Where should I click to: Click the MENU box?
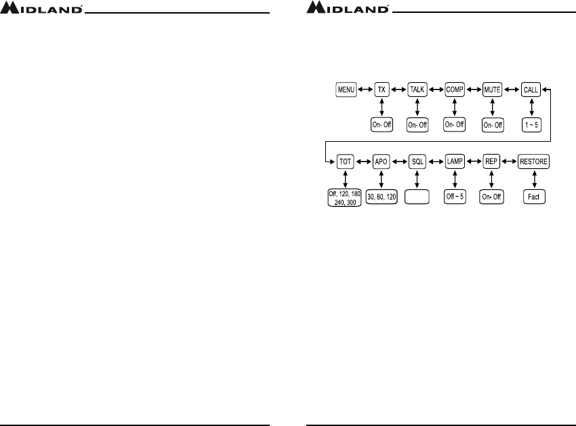pos(347,90)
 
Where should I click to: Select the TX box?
pos(382,90)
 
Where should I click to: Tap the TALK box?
pos(417,90)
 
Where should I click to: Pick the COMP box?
pos(454,90)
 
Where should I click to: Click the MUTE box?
pos(492,90)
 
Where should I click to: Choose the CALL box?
pos(531,90)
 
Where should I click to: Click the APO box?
pos(382,162)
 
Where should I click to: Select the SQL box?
pos(417,162)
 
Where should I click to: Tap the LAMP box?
pos(454,162)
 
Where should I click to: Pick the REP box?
pos(492,162)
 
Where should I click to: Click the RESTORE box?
pos(534,162)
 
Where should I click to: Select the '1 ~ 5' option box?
pos(531,124)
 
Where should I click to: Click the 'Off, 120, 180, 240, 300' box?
pos(344,197)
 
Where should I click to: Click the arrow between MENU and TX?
pos(365,90)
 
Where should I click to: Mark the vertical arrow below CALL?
pos(531,107)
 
